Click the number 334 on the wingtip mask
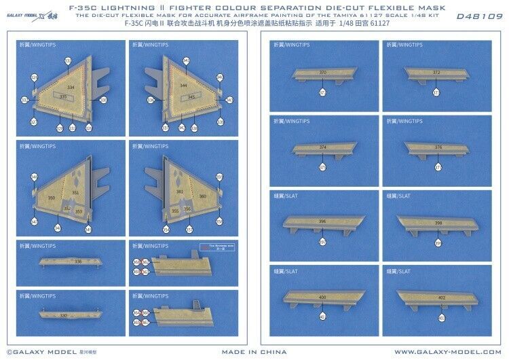70,88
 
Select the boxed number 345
172,97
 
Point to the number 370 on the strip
322,72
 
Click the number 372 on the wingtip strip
436,72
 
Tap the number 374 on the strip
322,147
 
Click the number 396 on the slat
322,221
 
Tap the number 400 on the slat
322,298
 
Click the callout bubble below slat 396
322,242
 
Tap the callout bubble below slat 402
441,317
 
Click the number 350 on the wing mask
52,198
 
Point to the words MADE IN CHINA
254,352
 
